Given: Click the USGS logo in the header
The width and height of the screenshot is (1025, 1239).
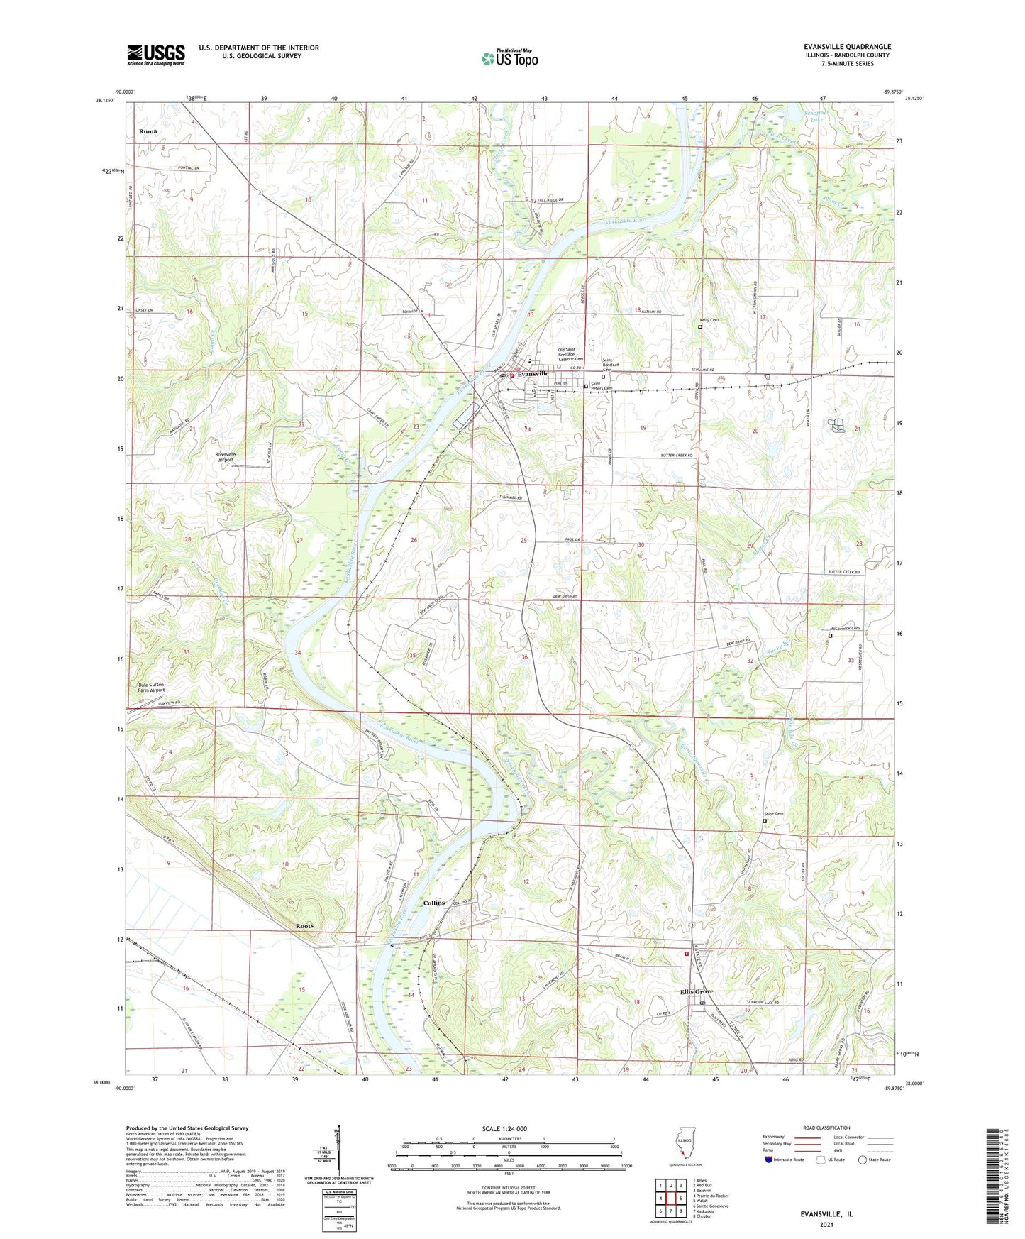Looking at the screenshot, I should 155,55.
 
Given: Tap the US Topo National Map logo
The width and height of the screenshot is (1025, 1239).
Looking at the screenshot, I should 509,57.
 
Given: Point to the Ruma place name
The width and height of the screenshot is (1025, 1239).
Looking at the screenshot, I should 148,131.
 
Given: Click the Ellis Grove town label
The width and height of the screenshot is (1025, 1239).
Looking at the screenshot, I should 697,991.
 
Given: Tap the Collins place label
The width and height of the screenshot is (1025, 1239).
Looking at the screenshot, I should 434,903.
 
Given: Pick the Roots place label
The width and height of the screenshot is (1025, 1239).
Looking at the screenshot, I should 304,926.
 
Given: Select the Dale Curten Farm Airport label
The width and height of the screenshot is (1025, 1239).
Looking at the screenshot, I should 150,688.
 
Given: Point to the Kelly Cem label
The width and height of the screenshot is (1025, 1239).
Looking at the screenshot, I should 710,320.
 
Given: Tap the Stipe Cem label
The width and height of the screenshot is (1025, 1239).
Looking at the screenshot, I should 773,814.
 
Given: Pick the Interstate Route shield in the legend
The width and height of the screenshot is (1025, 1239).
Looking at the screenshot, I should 768,1160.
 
